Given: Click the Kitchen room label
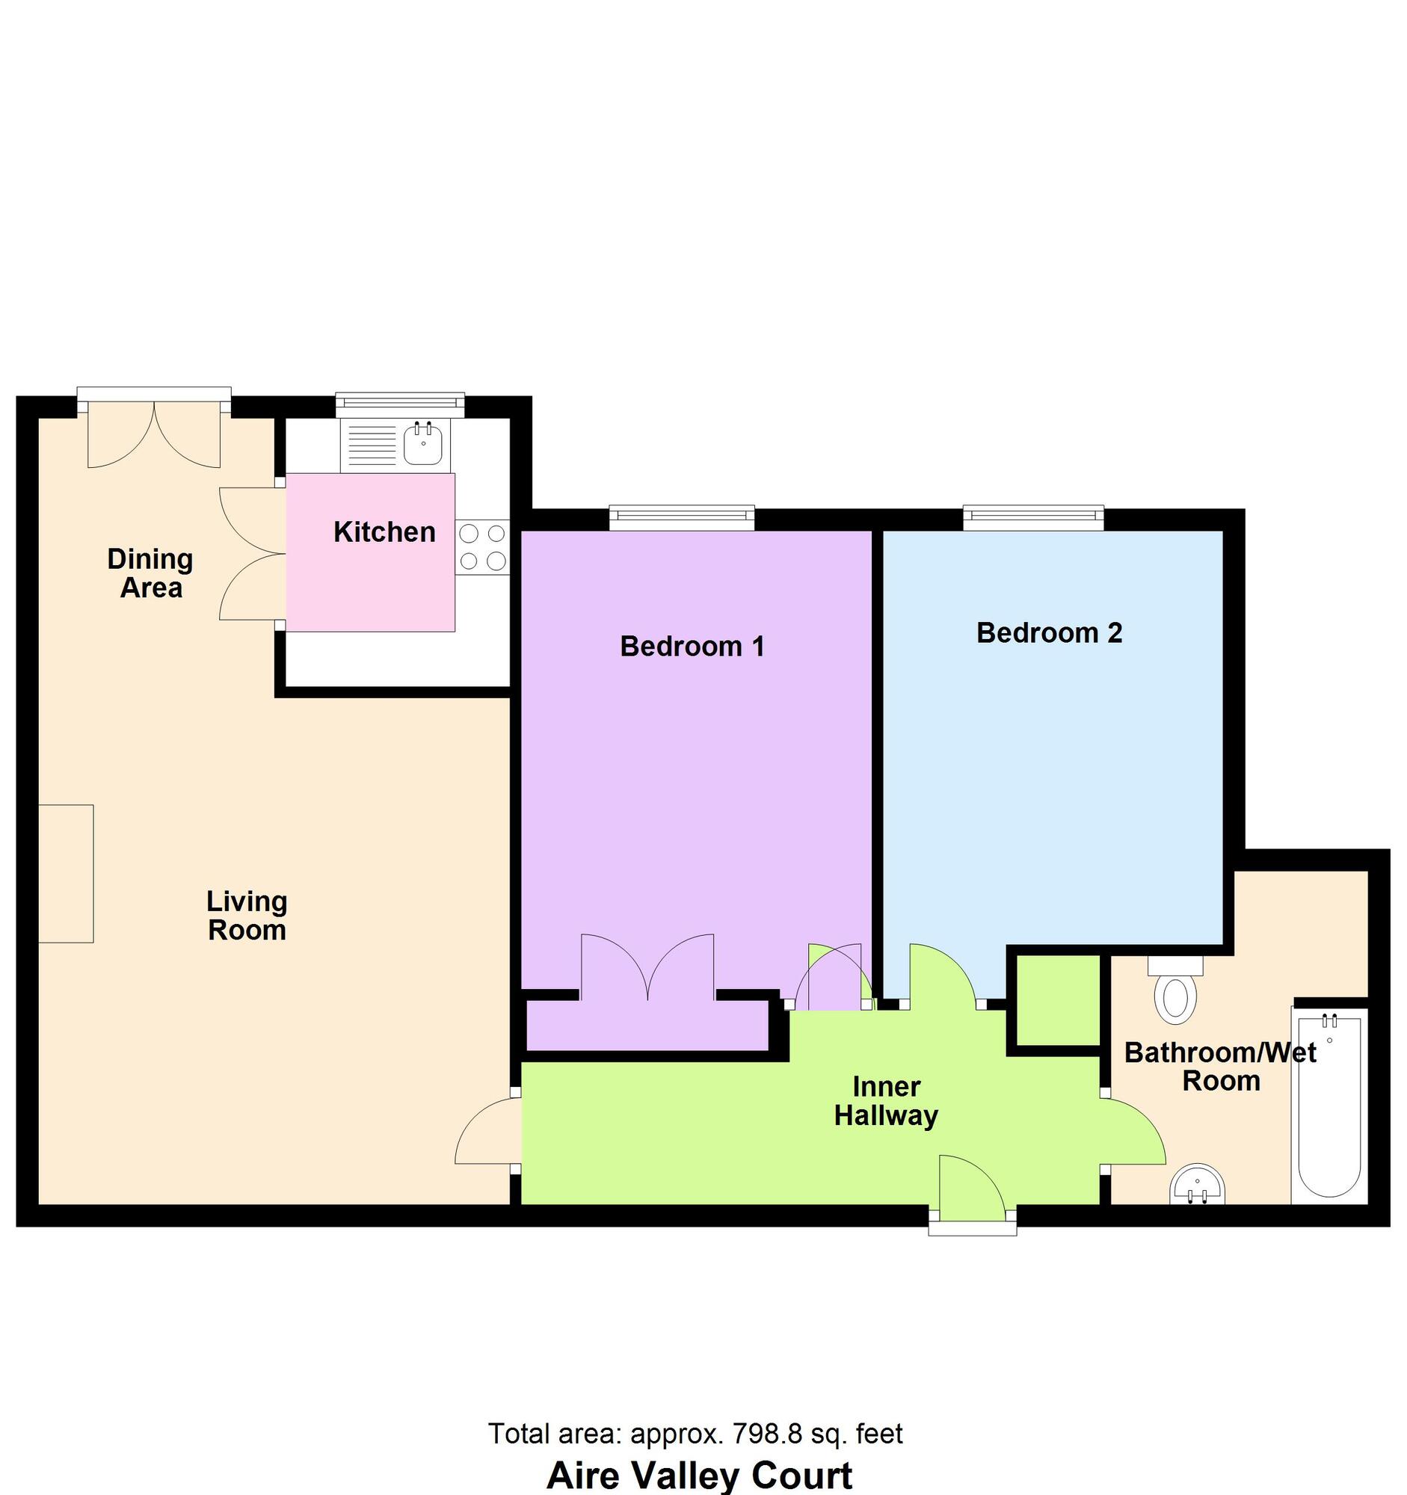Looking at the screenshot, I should [384, 532].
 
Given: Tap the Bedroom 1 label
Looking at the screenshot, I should [692, 646].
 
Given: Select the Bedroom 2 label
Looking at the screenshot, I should [1049, 632].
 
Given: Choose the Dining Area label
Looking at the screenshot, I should [150, 573].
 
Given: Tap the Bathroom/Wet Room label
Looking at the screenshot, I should [1220, 1067].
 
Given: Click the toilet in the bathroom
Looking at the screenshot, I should [1174, 991].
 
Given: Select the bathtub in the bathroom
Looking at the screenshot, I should [1329, 1104].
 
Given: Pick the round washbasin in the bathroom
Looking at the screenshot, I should [1197, 1186].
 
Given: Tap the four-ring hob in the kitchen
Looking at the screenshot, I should [482, 546].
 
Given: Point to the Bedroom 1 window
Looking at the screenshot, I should [681, 514].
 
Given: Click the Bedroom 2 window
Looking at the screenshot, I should [1033, 514].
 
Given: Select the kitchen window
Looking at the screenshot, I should [400, 403].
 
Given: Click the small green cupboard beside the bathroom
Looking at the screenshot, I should [1058, 1000].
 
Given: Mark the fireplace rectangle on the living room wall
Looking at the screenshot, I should [67, 873].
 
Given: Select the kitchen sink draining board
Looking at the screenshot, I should [369, 444].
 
